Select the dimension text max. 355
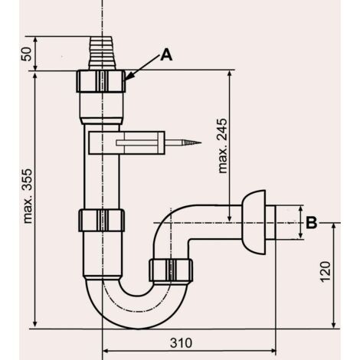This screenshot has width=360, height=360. coord(28,196)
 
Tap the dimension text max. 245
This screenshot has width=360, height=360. coord(222,146)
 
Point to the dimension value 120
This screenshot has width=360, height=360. coord(325,271)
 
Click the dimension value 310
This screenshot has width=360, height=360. coord(181,343)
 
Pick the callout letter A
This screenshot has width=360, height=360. coord(166,55)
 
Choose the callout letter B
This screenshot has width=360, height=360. coord(311,222)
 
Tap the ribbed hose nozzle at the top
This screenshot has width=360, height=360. coord(102,53)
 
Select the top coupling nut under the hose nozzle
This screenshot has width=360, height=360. coord(101,81)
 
